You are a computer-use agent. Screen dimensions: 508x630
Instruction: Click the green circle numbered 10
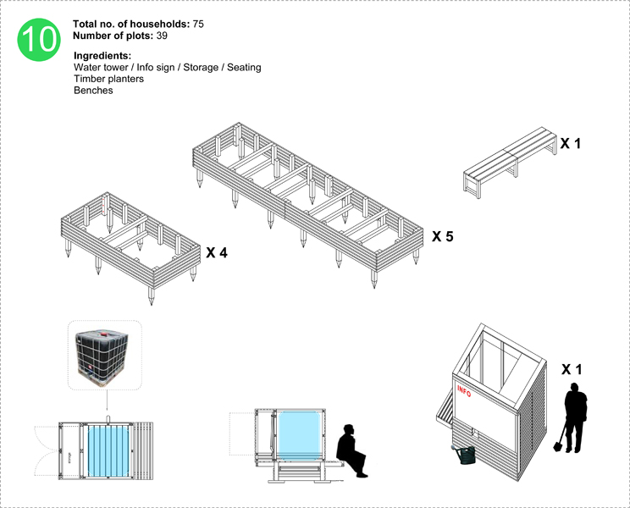[x=39, y=39]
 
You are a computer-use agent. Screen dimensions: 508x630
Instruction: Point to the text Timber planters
[x=108, y=79]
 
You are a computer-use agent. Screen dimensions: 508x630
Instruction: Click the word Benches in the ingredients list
[x=93, y=90]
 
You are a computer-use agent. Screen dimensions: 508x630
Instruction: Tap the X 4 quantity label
[x=217, y=252]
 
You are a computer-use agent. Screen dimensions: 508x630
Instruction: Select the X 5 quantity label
[x=443, y=236]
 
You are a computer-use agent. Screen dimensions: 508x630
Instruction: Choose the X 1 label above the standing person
[x=572, y=370]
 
